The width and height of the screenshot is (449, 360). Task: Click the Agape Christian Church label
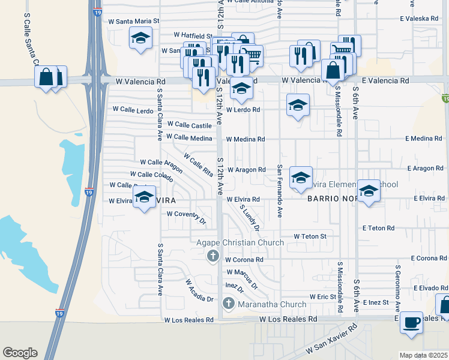pyautogui.click(x=241, y=243)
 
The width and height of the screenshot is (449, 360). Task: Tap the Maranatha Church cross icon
pyautogui.click(x=228, y=304)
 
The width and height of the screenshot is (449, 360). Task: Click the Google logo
pyautogui.click(x=20, y=353)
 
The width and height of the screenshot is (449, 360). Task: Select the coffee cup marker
pyautogui.click(x=411, y=322)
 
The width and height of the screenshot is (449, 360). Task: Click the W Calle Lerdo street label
pyautogui.click(x=133, y=110)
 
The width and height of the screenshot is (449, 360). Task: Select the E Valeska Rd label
pyautogui.click(x=419, y=19)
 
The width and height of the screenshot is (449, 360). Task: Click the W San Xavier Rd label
pyautogui.click(x=331, y=340)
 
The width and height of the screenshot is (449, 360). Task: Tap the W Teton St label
pyautogui.click(x=310, y=236)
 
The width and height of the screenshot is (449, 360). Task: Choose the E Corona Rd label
pyautogui.click(x=429, y=258)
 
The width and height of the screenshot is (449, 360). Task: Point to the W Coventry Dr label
pyautogui.click(x=186, y=215)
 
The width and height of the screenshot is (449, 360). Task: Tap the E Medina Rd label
pyautogui.click(x=423, y=139)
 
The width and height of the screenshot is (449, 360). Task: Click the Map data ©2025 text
pyautogui.click(x=423, y=355)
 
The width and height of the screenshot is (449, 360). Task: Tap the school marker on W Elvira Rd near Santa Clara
pyautogui.click(x=144, y=197)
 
